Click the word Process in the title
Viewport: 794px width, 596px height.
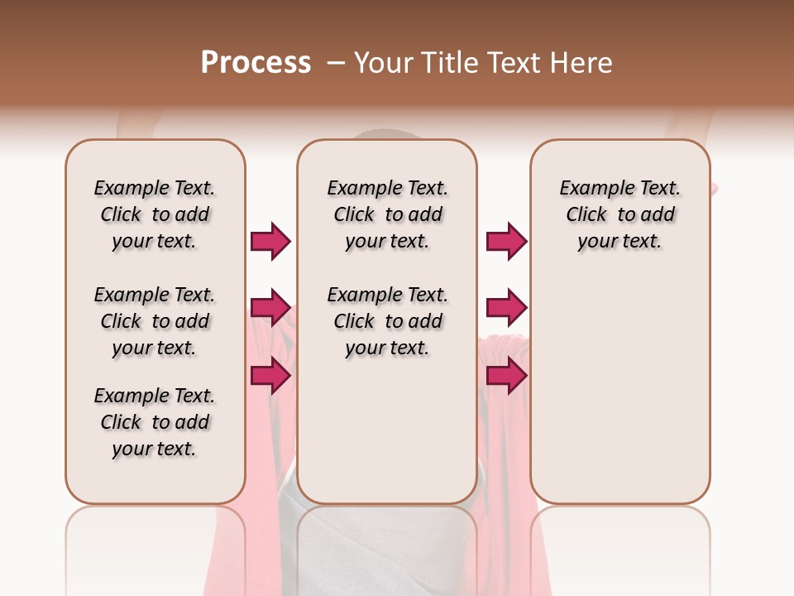tap(256, 62)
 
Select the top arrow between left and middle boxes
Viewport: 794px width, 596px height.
tap(270, 241)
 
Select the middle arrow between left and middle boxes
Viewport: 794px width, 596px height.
tap(270, 308)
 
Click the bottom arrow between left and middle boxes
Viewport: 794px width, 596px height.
tap(270, 376)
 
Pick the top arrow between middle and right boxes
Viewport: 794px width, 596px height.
tap(506, 241)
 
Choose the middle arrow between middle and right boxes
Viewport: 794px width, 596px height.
tap(506, 308)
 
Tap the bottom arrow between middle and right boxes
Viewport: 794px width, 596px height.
tap(506, 376)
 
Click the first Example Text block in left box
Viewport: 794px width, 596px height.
tap(155, 214)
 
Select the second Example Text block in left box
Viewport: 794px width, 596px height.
tap(155, 321)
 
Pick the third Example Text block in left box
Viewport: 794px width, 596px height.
tap(155, 422)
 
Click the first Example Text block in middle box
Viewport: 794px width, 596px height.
tap(387, 214)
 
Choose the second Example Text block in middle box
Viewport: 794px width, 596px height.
tap(387, 321)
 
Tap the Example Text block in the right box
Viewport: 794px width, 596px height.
tap(619, 214)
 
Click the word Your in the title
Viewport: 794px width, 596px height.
tap(383, 62)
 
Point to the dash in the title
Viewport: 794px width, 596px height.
tap(336, 62)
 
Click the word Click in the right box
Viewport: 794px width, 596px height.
tap(586, 214)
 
